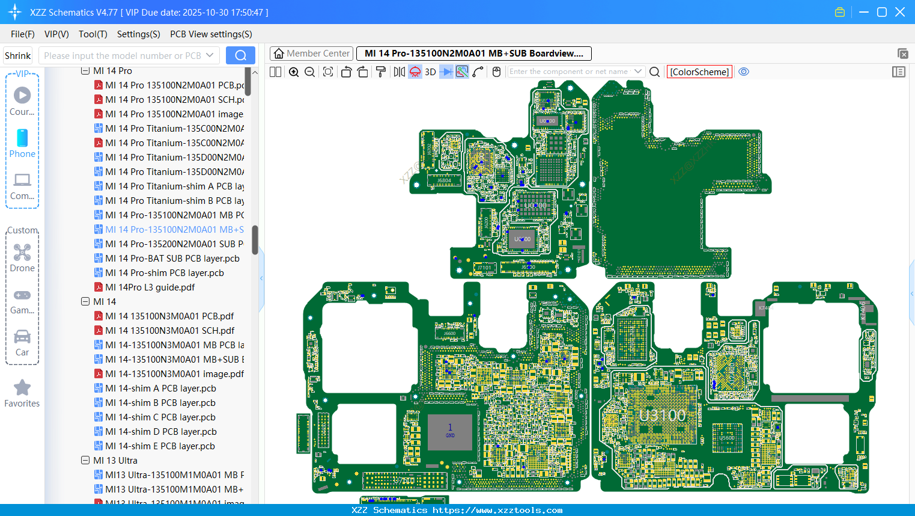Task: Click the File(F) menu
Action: point(22,34)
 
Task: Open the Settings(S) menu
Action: point(138,34)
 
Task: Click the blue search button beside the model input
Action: point(240,55)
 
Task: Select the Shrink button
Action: point(17,55)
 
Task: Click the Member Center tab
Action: point(311,54)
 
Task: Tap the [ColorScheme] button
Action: point(699,72)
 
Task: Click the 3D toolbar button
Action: point(430,72)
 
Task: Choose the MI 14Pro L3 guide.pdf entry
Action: point(150,287)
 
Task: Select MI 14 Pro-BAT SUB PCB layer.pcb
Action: point(172,259)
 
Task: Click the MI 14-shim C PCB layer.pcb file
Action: point(160,417)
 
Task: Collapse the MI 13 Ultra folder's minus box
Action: point(85,461)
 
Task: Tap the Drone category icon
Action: point(22,253)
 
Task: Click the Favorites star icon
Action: point(22,388)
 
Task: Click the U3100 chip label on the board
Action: point(662,416)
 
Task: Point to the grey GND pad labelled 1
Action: point(449,431)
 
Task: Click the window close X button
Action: point(900,12)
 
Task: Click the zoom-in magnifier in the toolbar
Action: point(294,72)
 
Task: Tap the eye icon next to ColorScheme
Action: point(744,72)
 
